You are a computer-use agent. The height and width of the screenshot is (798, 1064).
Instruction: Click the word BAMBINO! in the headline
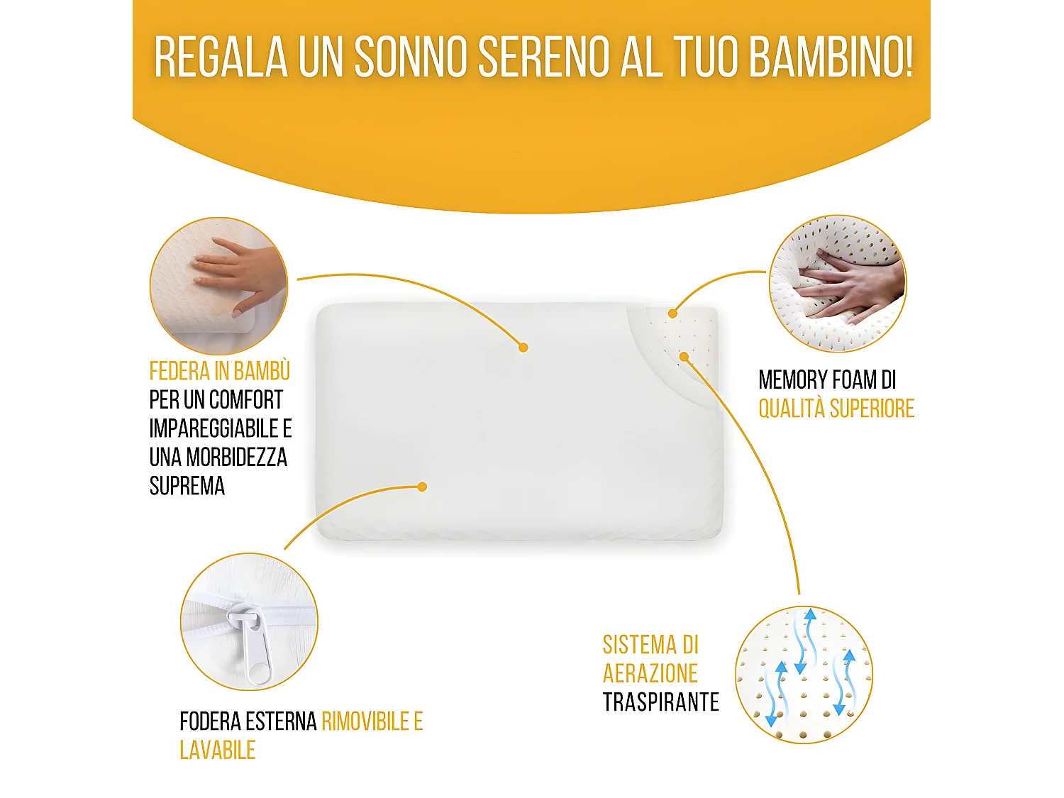click(x=831, y=56)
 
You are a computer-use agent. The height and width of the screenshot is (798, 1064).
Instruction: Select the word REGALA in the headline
click(x=221, y=56)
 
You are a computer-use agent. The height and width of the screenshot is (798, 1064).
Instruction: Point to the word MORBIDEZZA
click(x=236, y=458)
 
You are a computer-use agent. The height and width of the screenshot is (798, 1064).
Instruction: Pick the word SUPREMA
click(x=187, y=486)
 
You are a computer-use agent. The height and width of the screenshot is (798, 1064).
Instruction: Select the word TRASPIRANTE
click(x=660, y=702)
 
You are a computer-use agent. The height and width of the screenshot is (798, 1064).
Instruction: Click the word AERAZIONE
click(x=650, y=673)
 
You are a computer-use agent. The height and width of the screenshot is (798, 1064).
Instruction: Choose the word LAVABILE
click(x=217, y=750)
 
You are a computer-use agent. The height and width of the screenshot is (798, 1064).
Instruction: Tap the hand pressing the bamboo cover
click(x=234, y=277)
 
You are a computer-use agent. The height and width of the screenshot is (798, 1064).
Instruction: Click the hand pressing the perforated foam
click(x=851, y=284)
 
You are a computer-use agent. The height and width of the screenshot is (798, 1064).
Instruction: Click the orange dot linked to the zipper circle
click(x=422, y=487)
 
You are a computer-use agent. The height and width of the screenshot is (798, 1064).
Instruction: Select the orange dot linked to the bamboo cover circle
click(x=523, y=347)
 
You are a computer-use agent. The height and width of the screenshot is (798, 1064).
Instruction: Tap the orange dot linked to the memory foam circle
click(x=672, y=313)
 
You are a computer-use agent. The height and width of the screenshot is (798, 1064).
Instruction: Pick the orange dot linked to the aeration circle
click(x=684, y=356)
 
